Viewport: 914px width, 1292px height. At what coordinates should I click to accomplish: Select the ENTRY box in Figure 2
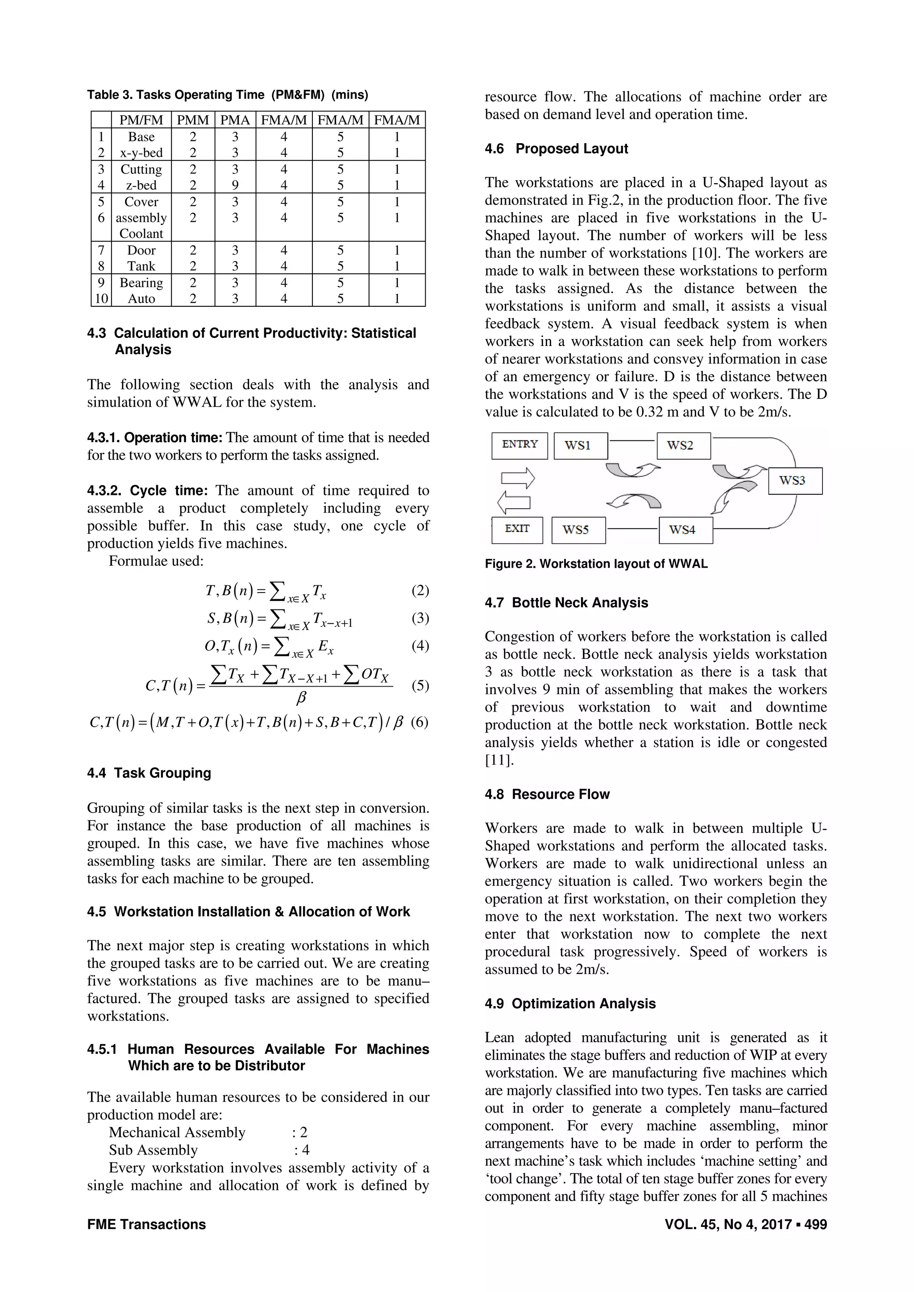point(519,445)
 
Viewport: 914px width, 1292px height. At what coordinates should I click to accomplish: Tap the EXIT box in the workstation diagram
point(516,530)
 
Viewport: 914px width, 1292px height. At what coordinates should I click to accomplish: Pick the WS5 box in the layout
point(578,530)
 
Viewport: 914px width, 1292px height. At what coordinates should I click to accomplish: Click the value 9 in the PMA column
point(235,185)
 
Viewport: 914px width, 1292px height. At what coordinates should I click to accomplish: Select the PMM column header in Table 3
point(193,120)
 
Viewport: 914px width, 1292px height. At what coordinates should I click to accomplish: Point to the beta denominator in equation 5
point(301,698)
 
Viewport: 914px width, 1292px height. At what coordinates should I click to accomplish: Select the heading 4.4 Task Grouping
point(149,773)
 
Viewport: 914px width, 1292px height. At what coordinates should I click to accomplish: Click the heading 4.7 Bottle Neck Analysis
point(566,603)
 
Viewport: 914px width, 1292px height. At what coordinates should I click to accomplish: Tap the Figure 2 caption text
point(596,564)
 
